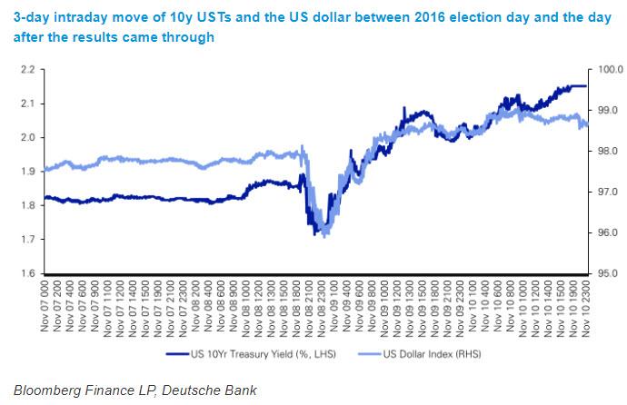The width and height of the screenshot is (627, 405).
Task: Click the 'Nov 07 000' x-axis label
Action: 46,303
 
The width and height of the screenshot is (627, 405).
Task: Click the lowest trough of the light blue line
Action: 325,235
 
